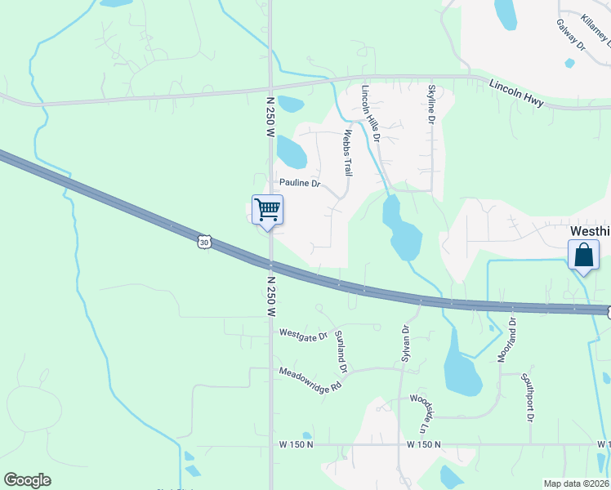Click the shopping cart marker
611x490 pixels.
pyautogui.click(x=268, y=211)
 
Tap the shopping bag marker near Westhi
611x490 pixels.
pyautogui.click(x=584, y=256)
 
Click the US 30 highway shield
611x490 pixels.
pyautogui.click(x=203, y=243)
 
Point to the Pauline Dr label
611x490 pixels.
pyautogui.click(x=298, y=183)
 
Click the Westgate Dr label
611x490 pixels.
pyautogui.click(x=302, y=334)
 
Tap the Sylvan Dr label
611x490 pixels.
pyautogui.click(x=404, y=342)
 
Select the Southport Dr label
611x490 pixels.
pyautogui.click(x=528, y=397)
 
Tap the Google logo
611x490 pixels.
pyautogui.click(x=27, y=480)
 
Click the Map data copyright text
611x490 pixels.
pyautogui.click(x=576, y=483)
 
